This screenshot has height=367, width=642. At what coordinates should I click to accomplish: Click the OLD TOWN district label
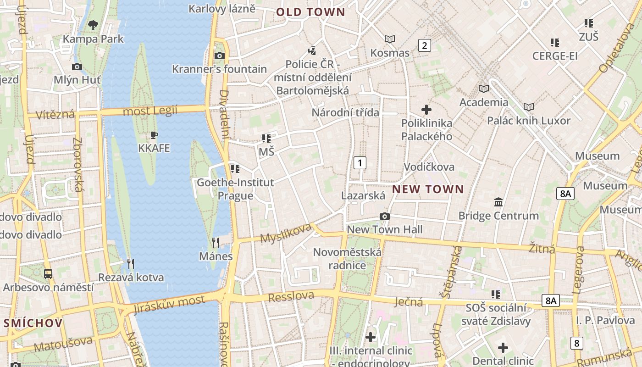(310, 12)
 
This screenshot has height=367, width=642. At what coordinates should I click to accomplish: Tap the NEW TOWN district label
(428, 189)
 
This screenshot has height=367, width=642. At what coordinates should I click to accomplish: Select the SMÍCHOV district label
(33, 323)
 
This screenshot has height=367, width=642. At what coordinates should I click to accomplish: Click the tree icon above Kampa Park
(93, 25)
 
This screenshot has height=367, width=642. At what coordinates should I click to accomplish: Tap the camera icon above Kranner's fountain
(220, 56)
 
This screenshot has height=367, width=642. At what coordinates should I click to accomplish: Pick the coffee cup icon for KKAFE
(154, 135)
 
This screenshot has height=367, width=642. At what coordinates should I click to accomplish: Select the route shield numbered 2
(425, 45)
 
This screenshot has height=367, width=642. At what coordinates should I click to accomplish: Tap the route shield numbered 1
(360, 162)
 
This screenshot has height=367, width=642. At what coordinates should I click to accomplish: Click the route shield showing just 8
(576, 343)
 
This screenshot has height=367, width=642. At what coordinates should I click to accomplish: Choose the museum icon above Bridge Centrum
(498, 202)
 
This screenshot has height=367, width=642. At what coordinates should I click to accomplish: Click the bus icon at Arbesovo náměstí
(48, 274)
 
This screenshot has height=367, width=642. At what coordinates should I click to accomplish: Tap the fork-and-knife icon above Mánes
(216, 242)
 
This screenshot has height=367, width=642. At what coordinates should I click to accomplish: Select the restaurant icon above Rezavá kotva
(131, 263)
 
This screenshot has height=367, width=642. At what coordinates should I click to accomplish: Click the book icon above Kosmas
(390, 39)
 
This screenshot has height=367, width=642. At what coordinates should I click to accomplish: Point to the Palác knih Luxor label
(528, 121)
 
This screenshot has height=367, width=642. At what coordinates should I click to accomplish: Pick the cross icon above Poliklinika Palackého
(426, 110)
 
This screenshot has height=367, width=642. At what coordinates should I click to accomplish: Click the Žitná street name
(542, 248)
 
